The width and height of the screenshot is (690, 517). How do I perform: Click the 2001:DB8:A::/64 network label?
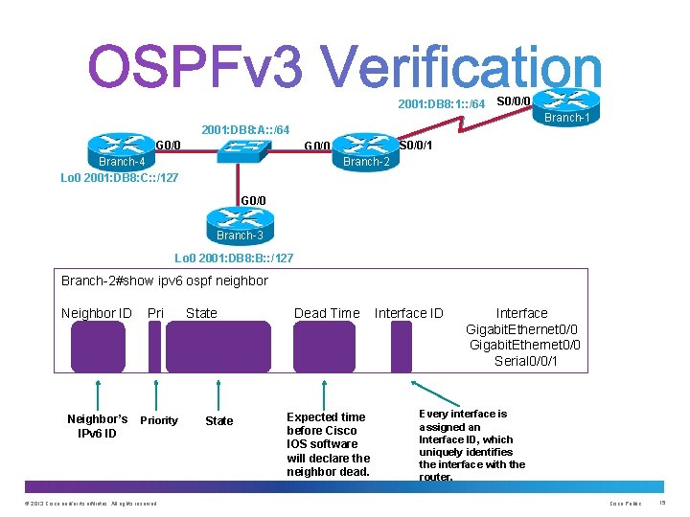click(244, 129)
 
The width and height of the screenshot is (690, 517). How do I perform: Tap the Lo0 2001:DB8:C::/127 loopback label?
click(119, 178)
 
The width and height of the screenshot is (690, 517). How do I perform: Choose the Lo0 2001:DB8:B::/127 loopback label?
click(234, 258)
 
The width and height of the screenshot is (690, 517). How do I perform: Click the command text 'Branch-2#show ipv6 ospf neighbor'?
click(165, 281)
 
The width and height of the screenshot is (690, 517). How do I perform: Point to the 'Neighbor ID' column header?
click(96, 313)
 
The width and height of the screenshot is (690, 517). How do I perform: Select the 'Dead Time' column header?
click(327, 313)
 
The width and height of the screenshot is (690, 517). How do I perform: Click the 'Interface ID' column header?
click(408, 313)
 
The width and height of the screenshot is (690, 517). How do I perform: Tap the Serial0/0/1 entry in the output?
click(526, 361)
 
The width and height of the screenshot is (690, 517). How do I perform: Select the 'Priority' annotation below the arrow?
click(159, 420)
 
